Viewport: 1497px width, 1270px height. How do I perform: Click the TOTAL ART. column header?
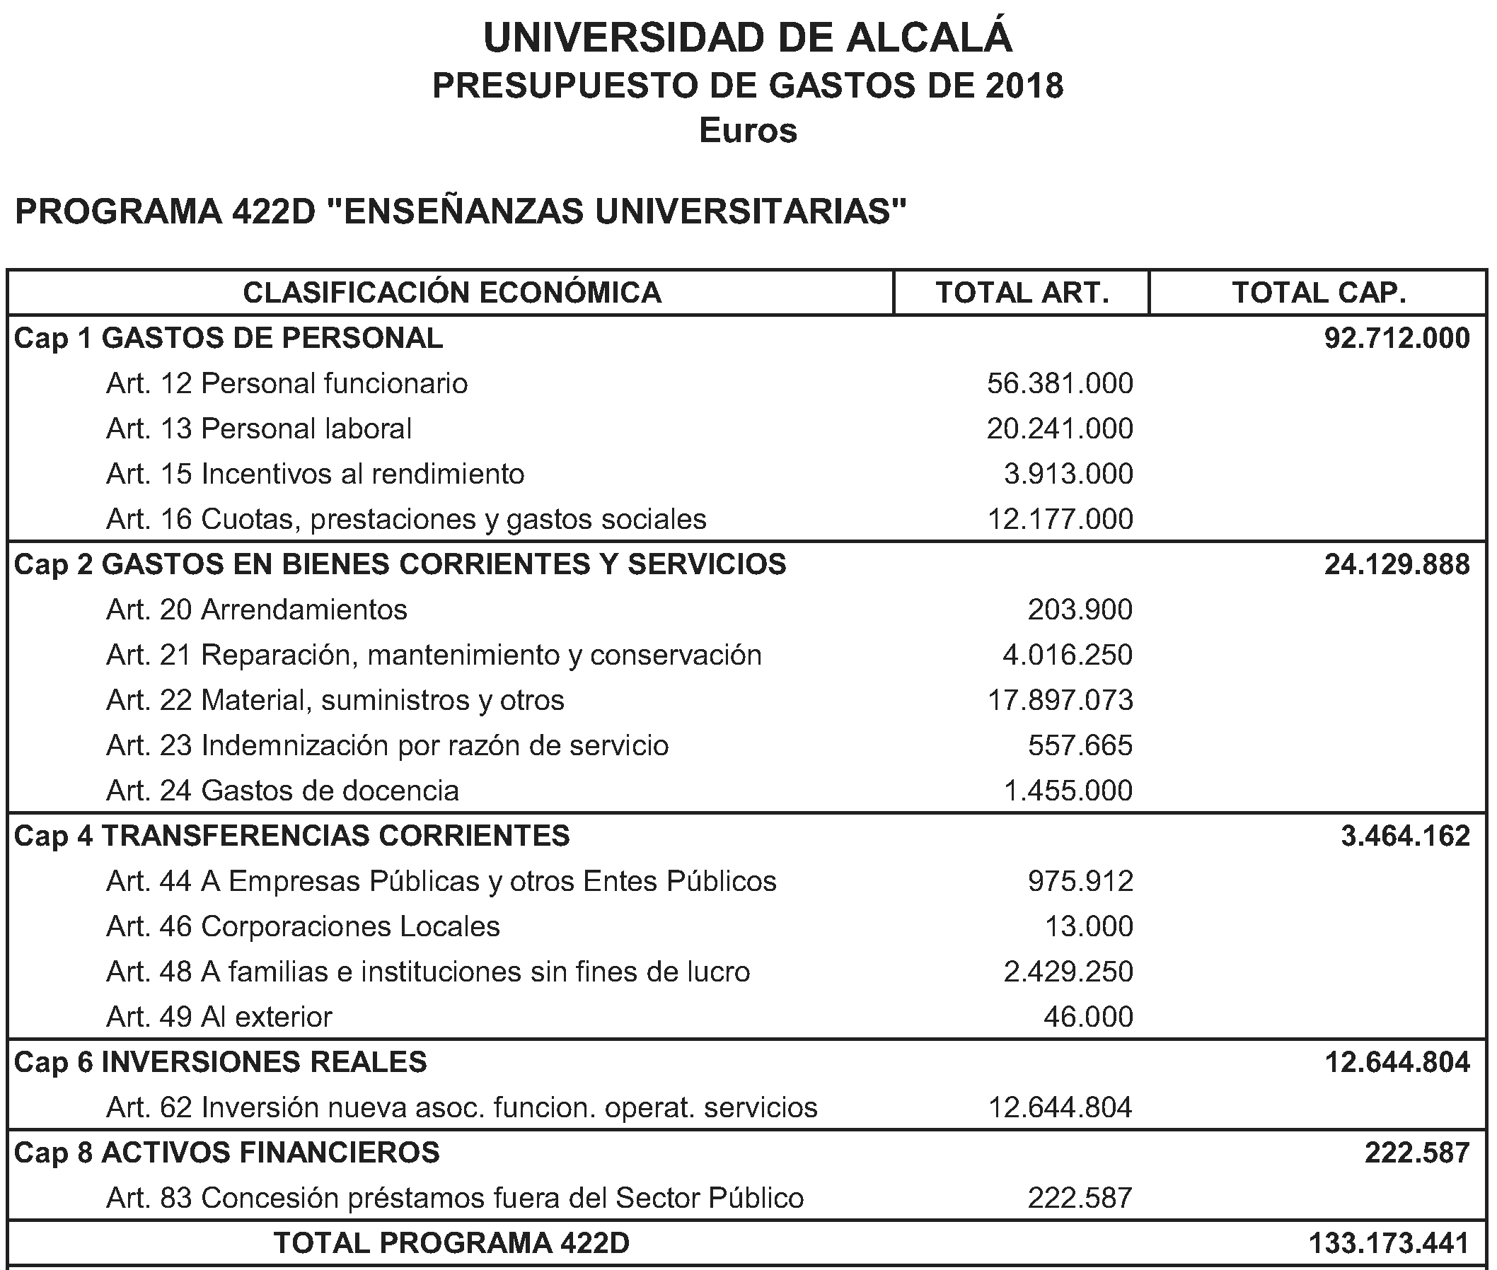click(x=1022, y=293)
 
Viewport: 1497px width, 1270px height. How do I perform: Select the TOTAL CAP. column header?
click(x=1318, y=293)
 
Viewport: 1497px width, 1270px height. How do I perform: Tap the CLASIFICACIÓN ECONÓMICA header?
click(x=451, y=293)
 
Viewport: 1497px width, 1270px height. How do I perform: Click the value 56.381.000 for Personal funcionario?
click(x=1060, y=384)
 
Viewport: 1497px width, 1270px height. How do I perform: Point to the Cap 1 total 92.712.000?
click(x=1397, y=339)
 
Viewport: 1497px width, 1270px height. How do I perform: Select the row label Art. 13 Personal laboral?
click(x=259, y=429)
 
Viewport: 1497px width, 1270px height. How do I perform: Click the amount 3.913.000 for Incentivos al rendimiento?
click(x=1068, y=474)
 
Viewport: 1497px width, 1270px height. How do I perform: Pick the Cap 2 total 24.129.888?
click(x=1397, y=564)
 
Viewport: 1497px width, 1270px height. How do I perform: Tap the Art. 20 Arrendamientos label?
click(x=257, y=610)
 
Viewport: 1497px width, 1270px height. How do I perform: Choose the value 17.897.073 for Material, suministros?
click(x=1060, y=701)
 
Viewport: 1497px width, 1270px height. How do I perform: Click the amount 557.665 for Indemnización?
click(x=1080, y=746)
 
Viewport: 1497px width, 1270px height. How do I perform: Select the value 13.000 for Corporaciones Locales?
click(x=1089, y=926)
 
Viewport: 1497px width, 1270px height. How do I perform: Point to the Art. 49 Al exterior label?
click(x=219, y=1018)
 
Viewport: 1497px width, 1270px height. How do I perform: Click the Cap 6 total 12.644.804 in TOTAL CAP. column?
click(x=1397, y=1063)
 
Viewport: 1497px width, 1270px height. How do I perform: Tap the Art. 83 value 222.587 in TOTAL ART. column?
click(x=1080, y=1198)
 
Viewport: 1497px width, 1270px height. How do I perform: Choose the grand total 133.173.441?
click(x=1388, y=1243)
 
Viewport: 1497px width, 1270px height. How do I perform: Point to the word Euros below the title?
click(x=748, y=131)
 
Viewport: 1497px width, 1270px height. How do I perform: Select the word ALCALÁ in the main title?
click(x=929, y=38)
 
